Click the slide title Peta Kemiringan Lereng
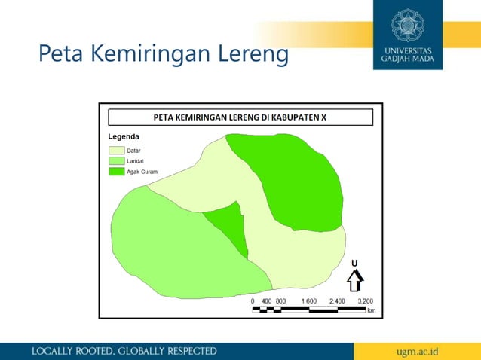coord(164,54)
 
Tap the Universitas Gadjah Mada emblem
coord(409,25)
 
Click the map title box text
coord(240,117)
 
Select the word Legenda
coord(123,137)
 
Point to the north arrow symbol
coord(354,280)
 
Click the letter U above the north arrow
coord(354,262)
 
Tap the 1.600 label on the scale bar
coord(309,301)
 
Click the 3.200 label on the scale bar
coord(366,301)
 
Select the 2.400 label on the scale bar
coord(337,301)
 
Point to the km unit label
coord(371,310)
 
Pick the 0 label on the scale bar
coord(253,301)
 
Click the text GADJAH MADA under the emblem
coord(408,59)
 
